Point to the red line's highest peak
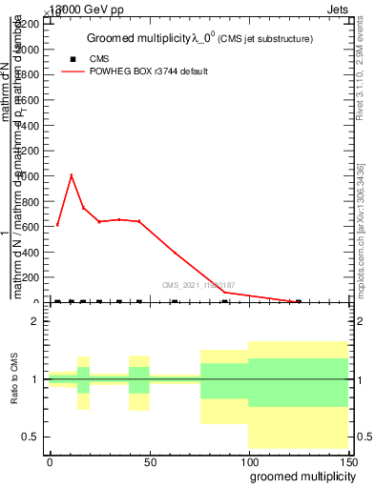pyautogui.click(x=71, y=174)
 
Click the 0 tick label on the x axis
pyautogui.click(x=50, y=460)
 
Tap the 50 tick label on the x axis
pyautogui.click(x=150, y=460)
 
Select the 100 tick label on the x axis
pyautogui.click(x=248, y=460)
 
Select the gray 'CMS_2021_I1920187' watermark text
pyautogui.click(x=198, y=285)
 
